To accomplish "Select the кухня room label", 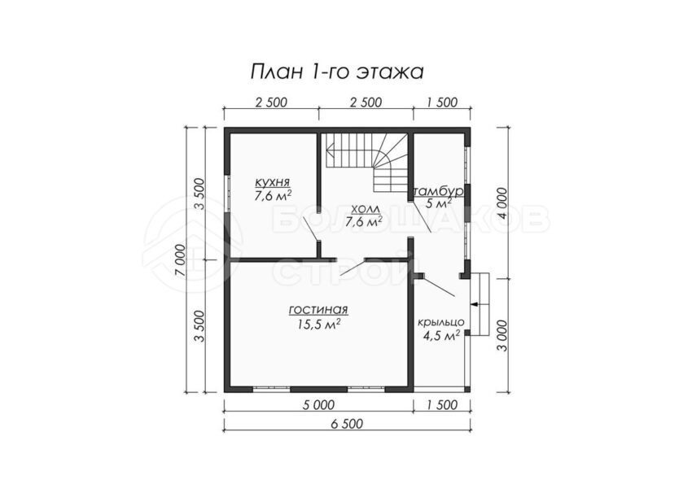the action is coord(272,182).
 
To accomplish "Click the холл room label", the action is coord(364,208).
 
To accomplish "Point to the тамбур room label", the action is coord(438,192).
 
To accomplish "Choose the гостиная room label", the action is coord(318,311).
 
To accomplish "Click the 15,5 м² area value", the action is coord(318,325).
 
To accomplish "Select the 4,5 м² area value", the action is coord(441,337).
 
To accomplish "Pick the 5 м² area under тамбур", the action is coord(438,203).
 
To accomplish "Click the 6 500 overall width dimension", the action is coord(347,424).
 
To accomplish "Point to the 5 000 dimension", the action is coord(318,404).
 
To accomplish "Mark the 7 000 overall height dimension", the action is coord(179,259).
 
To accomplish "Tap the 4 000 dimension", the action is coord(502,203).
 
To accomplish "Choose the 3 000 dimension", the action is coord(502,335).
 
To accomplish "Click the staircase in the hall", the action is coord(366,161).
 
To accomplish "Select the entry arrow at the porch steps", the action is coord(475,304).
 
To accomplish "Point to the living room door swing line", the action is coord(352,268).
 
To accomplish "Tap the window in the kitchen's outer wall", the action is coord(228,194).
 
